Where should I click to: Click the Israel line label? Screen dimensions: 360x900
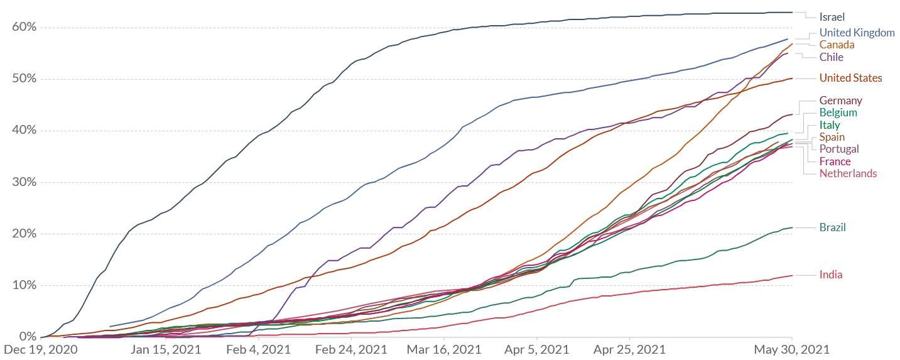pos(832,17)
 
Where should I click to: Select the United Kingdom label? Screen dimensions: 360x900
pos(857,33)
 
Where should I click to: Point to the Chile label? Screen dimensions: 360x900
pos(832,57)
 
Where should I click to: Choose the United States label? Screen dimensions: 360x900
pos(850,78)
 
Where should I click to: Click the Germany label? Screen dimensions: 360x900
pos(840,101)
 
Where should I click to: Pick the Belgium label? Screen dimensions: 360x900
pos(838,112)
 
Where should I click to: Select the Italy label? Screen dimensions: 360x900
pos(829,125)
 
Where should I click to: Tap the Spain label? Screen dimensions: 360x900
pos(832,137)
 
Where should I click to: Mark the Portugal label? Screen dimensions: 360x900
pos(839,149)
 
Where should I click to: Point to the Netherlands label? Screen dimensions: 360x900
pos(848,173)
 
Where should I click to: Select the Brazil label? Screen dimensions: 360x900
pos(832,227)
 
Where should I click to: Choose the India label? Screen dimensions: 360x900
pos(831,275)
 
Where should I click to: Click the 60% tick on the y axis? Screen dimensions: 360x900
pos(24,27)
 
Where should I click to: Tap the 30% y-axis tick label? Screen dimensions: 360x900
pos(24,182)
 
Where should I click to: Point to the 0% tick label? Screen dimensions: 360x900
pos(28,337)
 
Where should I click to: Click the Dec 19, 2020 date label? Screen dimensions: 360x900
pos(41,349)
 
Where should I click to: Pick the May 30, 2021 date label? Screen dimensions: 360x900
pos(791,349)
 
